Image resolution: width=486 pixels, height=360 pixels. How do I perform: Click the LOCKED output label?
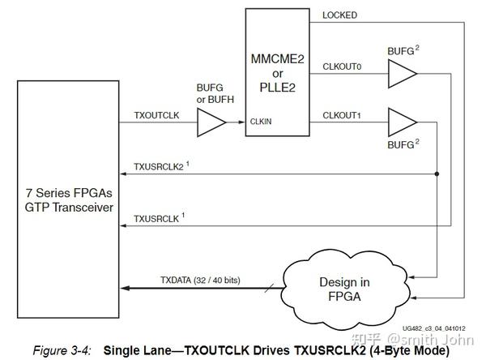pyautogui.click(x=339, y=15)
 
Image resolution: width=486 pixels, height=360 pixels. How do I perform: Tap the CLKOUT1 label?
pyautogui.click(x=342, y=115)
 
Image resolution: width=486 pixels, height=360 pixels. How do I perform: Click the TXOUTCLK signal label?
pyautogui.click(x=157, y=115)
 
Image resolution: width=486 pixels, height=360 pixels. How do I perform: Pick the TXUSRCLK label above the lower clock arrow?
pyautogui.click(x=156, y=218)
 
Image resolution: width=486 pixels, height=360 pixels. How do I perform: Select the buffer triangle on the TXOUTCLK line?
pyautogui.click(x=212, y=123)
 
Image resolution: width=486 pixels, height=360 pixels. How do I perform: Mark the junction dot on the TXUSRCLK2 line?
pyautogui.click(x=438, y=173)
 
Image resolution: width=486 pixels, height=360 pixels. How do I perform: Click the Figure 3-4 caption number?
pyautogui.click(x=63, y=350)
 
